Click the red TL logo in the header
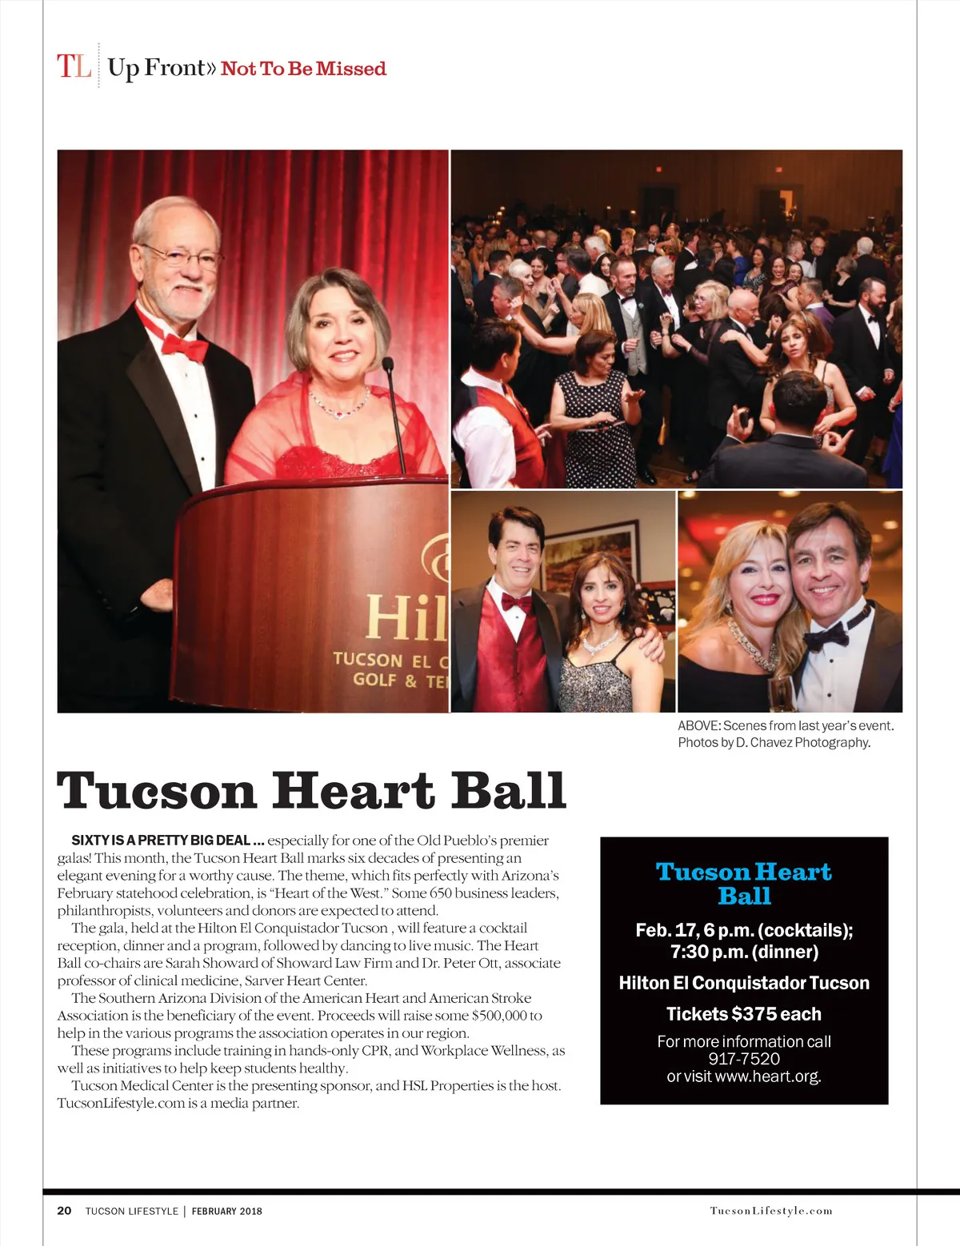point(74,66)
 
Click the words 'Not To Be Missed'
point(303,69)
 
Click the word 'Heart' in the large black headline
point(352,791)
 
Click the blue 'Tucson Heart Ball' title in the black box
point(743,883)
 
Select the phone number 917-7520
point(744,1059)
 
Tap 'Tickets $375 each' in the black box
point(744,1014)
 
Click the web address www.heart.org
point(767,1076)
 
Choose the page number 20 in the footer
point(64,1211)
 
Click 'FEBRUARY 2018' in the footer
point(226,1211)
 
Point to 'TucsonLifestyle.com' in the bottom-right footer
point(771,1211)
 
